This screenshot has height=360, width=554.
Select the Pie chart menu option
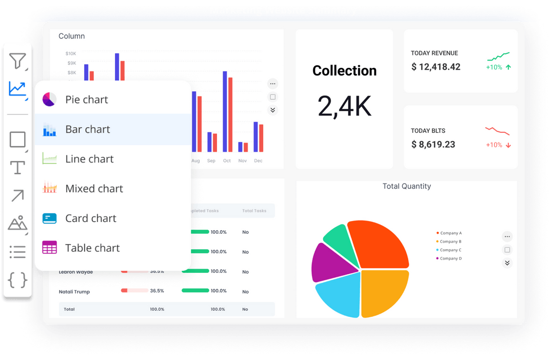point(86,99)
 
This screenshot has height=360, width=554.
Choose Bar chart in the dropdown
point(87,129)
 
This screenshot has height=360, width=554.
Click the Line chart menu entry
point(89,159)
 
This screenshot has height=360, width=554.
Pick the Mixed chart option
point(94,189)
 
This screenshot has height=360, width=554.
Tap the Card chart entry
point(90,218)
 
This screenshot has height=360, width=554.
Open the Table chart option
point(92,248)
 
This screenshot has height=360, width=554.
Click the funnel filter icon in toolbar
point(17,61)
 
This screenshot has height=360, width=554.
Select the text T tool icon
point(17,167)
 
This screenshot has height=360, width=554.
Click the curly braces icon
point(17,279)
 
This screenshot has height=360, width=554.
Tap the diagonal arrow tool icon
point(17,195)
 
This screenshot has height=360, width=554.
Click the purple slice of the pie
point(328,262)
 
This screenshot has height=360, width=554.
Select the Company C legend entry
point(450,250)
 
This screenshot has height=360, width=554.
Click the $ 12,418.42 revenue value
point(436,67)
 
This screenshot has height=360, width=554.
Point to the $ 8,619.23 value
point(433,145)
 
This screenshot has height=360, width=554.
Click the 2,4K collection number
point(344,106)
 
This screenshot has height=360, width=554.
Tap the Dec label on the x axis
point(258,161)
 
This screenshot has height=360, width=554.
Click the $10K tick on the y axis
point(71,53)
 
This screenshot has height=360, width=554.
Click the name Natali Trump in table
point(74,292)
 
